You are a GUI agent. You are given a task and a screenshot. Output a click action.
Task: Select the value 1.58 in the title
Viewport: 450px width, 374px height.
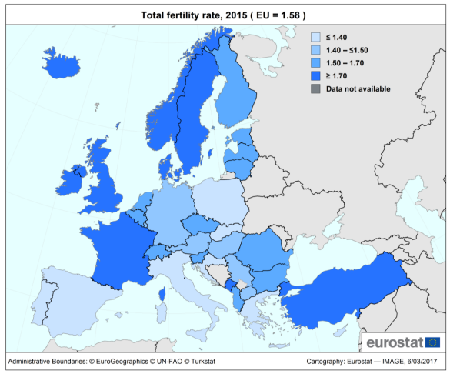click(290, 15)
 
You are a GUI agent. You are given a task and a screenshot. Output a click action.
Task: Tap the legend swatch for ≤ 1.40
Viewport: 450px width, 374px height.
click(315, 37)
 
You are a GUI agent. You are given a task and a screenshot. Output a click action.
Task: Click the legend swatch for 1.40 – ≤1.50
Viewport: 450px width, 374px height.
click(315, 50)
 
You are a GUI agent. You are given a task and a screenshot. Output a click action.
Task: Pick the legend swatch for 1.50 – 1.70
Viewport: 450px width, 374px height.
click(315, 63)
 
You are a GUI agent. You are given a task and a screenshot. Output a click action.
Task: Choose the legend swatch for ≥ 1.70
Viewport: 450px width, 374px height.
click(315, 76)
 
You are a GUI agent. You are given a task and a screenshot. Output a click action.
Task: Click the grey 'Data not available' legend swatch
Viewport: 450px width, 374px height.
click(315, 89)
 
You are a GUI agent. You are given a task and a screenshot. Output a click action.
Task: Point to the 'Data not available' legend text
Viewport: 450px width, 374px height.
click(358, 89)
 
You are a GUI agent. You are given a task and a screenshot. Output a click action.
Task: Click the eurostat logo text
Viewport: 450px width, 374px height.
click(395, 342)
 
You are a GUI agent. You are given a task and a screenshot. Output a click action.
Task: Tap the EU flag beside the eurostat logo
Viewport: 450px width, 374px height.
click(433, 342)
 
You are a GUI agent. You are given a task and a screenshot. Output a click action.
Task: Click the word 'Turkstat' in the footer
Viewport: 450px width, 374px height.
click(203, 362)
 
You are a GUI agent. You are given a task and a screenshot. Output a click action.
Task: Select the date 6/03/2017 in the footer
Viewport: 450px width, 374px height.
click(422, 362)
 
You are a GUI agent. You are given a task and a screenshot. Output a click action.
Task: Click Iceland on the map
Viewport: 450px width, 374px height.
click(61, 65)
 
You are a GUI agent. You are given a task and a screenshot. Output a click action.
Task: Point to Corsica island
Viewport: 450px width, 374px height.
click(162, 295)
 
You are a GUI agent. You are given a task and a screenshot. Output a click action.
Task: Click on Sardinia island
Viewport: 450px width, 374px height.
click(162, 313)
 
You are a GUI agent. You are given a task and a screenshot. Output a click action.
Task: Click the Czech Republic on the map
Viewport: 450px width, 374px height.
click(200, 224)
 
